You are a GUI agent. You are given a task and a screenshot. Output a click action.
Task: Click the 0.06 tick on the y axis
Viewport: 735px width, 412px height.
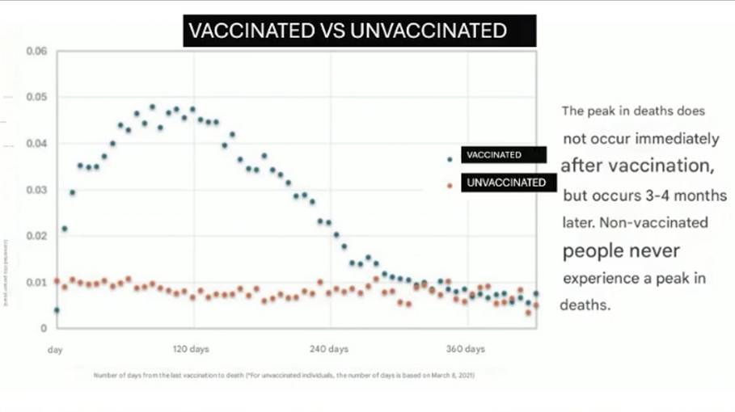click(36, 52)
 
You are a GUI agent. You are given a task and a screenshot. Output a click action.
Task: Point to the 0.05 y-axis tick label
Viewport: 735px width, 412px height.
click(36, 98)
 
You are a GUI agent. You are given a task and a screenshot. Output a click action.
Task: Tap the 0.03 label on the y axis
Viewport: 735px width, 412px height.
click(36, 191)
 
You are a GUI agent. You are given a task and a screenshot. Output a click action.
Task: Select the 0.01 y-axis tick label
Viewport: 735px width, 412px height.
click(36, 283)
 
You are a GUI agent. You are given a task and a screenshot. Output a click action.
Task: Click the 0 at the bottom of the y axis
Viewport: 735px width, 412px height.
click(45, 329)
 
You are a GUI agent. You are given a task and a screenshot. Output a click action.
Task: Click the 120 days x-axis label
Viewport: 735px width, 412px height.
click(192, 350)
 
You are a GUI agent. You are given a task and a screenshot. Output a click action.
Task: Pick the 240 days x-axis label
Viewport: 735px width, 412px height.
click(329, 350)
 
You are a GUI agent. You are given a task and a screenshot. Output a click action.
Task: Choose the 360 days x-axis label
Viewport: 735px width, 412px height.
click(466, 350)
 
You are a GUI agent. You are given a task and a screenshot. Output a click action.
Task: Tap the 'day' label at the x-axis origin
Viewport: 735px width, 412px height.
click(55, 350)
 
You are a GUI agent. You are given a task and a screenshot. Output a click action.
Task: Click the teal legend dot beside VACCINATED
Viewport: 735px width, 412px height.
click(450, 159)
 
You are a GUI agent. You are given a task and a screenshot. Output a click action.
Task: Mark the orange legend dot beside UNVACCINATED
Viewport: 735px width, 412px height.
click(450, 186)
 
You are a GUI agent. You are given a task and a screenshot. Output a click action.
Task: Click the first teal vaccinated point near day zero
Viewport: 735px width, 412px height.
click(57, 310)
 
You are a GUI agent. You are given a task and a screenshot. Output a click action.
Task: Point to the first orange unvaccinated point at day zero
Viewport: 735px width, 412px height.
click(57, 281)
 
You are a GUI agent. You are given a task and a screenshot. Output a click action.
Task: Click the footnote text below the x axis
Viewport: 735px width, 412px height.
click(283, 376)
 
